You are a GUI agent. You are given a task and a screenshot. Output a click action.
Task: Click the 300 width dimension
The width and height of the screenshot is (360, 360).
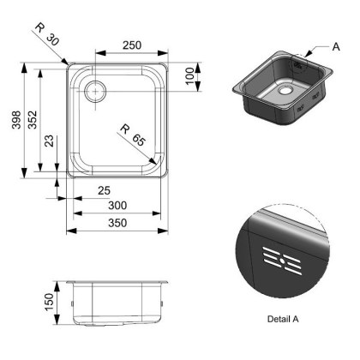(117, 206)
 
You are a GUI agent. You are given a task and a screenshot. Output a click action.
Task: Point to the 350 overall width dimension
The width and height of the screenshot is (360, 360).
(117, 223)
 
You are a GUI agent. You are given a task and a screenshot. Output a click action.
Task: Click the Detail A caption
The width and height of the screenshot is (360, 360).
(282, 318)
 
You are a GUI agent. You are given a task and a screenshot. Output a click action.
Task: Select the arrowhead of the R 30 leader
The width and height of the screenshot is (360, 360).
(69, 63)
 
